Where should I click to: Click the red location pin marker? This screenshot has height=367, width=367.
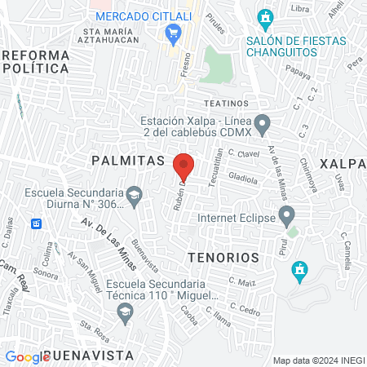pyautogui.click(x=183, y=166)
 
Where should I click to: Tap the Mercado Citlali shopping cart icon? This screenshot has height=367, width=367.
pyautogui.click(x=172, y=33)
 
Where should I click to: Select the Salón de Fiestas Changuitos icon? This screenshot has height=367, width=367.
pyautogui.click(x=265, y=17)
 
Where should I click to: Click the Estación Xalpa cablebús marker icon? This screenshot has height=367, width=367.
pyautogui.click(x=262, y=126)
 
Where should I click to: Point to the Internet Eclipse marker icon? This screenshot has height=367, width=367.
pyautogui.click(x=286, y=217)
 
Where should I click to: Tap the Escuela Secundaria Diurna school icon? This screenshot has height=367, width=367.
pyautogui.click(x=134, y=196)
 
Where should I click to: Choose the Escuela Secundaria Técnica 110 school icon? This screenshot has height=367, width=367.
pyautogui.click(x=125, y=312)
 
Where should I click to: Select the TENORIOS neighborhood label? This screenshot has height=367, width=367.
pyautogui.click(x=223, y=257)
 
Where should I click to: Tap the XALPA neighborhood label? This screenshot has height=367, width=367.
pyautogui.click(x=343, y=163)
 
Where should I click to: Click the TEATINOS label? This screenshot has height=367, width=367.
pyautogui.click(x=225, y=104)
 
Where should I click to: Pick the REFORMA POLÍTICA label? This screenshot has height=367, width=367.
pyautogui.click(x=36, y=61)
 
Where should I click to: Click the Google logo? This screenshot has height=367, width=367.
pyautogui.click(x=27, y=356)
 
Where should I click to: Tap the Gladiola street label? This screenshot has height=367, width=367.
pyautogui.click(x=244, y=176)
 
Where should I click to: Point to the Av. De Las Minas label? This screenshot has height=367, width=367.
pyautogui.click(x=107, y=230)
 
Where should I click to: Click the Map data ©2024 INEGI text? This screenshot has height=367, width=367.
pyautogui.click(x=317, y=360)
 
